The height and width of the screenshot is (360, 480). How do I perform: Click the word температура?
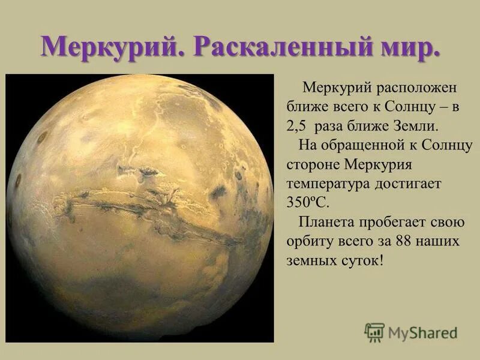point(326,184)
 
